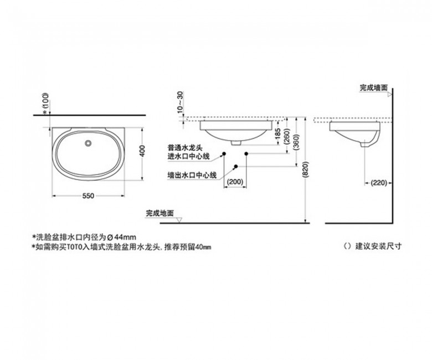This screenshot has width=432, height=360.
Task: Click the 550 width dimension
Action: pyautogui.click(x=88, y=196)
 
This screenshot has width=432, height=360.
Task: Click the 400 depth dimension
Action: pyautogui.click(x=142, y=151)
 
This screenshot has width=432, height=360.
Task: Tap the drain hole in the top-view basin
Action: pyautogui.click(x=88, y=143)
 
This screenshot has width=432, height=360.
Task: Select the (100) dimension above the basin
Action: pyautogui.click(x=46, y=101)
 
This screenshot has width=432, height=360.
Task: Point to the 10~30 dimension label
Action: pyautogui.click(x=180, y=101)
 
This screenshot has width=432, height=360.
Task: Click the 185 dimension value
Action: pyautogui.click(x=278, y=134)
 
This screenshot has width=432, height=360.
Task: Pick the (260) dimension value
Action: pyautogui.click(x=286, y=136)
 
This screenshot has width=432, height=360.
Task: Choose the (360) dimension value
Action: pyautogui.click(x=296, y=142)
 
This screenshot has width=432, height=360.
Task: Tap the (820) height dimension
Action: pyautogui.click(x=305, y=169)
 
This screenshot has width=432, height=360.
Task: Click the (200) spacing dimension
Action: pyautogui.click(x=235, y=182)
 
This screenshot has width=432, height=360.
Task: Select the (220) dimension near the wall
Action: pyautogui.click(x=379, y=183)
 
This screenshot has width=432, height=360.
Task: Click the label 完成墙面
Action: pyautogui.click(x=374, y=88)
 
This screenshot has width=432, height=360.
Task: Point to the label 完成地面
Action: pyautogui.click(x=160, y=213)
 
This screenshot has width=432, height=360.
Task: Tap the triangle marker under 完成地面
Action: pyautogui.click(x=179, y=220)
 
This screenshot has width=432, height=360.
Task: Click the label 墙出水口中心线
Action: pyautogui.click(x=192, y=175)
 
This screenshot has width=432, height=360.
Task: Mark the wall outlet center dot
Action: pyautogui.click(x=236, y=166)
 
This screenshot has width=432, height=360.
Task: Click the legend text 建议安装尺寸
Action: pyautogui.click(x=378, y=246)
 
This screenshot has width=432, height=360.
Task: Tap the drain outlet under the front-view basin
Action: pyautogui.click(x=236, y=143)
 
